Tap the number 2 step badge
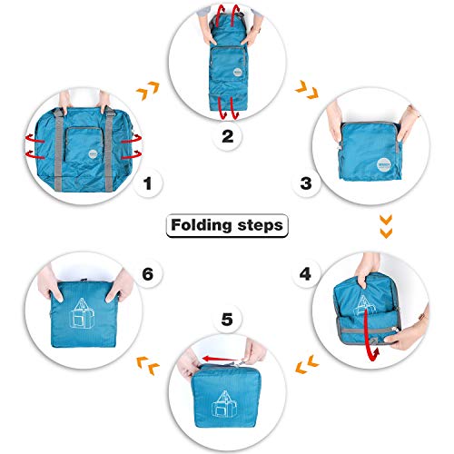click(x=227, y=138)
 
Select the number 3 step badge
click(x=307, y=184)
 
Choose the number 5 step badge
click(x=227, y=321)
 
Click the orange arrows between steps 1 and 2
click(x=146, y=91)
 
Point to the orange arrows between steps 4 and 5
click(x=306, y=365)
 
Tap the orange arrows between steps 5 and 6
click(x=149, y=365)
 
